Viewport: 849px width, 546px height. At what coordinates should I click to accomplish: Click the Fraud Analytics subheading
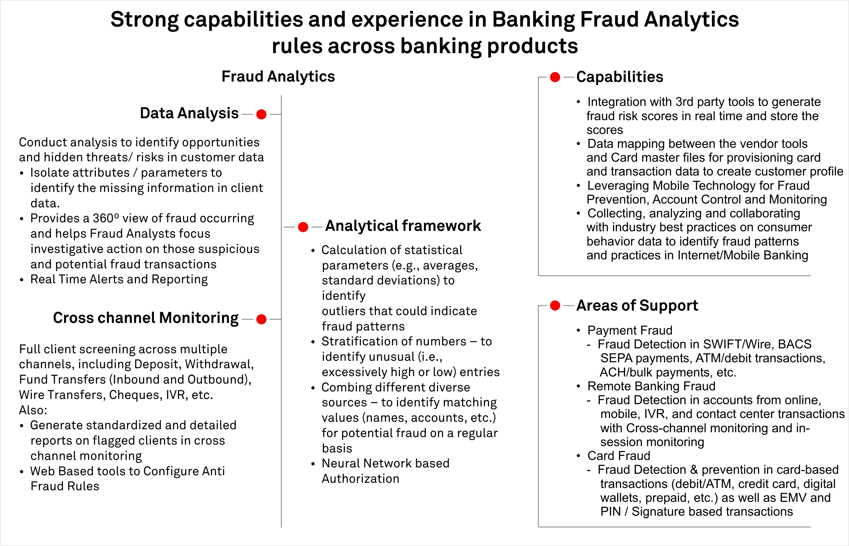coord(278,77)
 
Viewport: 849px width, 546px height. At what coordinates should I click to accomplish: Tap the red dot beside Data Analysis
coord(261,114)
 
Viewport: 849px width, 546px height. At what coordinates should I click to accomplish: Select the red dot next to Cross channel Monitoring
coord(261,319)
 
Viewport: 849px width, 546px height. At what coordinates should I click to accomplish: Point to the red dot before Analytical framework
coord(303,227)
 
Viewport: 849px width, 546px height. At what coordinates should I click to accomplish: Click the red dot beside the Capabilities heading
coord(555,77)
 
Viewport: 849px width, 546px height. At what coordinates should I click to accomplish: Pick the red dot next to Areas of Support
coord(555,306)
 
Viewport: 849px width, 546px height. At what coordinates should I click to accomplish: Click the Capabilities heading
coord(619,77)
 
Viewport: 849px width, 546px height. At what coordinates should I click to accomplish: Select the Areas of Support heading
coord(637,306)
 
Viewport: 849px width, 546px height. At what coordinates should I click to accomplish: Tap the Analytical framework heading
coord(403,226)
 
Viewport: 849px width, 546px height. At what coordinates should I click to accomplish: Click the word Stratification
coord(356,341)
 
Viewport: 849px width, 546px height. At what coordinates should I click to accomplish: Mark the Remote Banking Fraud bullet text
coord(651,386)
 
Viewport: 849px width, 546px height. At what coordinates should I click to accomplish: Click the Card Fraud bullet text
coord(619,456)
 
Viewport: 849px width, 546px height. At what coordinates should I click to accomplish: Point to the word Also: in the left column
coord(33,410)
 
